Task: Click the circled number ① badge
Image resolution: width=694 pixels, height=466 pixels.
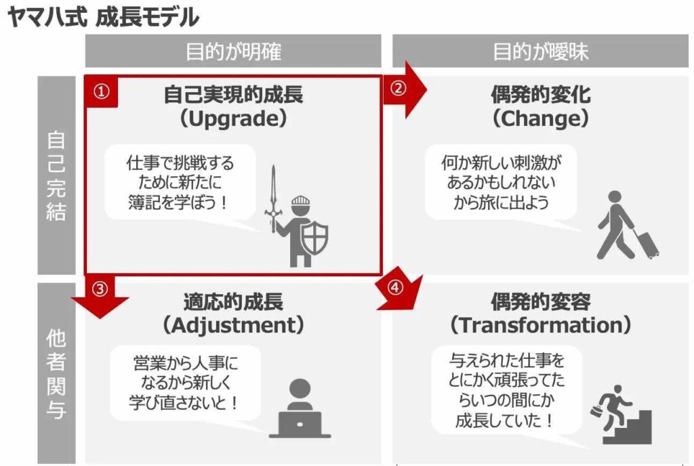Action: [102, 91]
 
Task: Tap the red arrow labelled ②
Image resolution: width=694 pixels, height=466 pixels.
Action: [404, 90]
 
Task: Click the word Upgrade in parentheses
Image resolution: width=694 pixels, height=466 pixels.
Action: [233, 119]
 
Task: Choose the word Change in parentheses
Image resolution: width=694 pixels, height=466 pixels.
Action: [540, 119]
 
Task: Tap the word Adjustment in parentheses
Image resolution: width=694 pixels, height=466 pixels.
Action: [233, 325]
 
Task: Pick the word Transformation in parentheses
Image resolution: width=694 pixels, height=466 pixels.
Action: [540, 325]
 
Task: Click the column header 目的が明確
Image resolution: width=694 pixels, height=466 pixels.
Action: [233, 51]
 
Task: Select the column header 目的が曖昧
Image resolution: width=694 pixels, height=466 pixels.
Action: [540, 51]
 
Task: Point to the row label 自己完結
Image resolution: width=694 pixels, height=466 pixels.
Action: [56, 175]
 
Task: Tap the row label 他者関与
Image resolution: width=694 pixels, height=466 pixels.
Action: [56, 374]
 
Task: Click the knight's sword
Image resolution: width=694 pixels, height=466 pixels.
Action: [273, 199]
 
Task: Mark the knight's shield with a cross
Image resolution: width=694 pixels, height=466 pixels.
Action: [314, 238]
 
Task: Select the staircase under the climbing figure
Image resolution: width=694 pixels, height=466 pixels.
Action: [628, 427]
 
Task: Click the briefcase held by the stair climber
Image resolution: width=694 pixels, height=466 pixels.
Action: [596, 411]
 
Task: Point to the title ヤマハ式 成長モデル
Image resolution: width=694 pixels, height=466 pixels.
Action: [103, 17]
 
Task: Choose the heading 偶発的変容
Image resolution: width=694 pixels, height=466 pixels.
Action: [540, 302]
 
